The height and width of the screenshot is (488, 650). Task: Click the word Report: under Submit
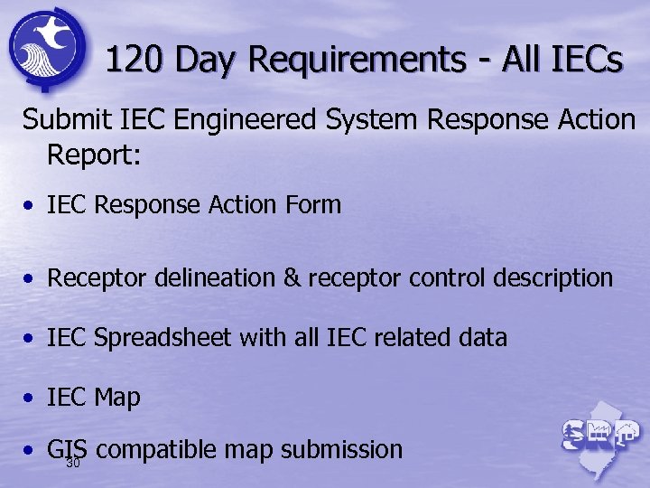click(x=94, y=155)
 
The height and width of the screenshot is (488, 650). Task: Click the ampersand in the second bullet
click(x=291, y=277)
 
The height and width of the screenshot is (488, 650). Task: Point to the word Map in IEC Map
click(x=119, y=398)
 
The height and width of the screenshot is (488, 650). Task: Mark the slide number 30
click(x=73, y=463)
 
